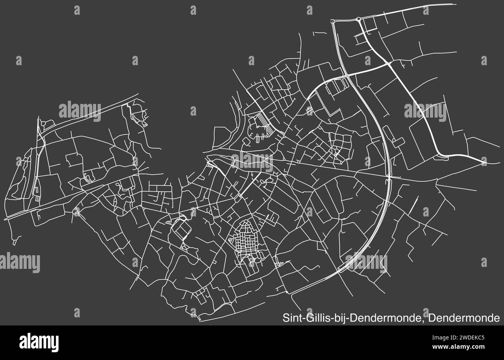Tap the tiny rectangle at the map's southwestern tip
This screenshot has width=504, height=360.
click(14, 242)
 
